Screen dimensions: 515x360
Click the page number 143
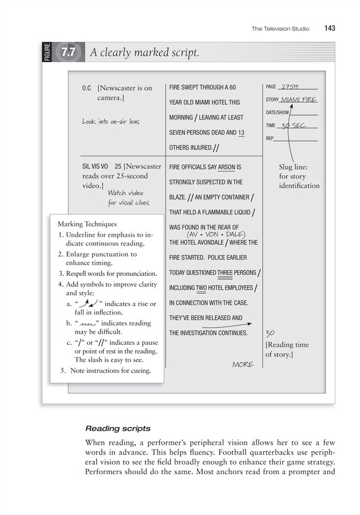(330, 28)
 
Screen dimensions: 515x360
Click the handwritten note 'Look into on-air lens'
(110, 121)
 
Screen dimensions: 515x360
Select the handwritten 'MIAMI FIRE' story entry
(298, 99)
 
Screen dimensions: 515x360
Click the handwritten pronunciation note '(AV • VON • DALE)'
(216, 235)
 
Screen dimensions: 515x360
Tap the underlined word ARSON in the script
(227, 167)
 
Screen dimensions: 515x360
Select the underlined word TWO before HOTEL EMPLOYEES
(201, 288)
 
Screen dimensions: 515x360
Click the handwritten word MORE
(243, 364)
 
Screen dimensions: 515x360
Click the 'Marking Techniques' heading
(87, 224)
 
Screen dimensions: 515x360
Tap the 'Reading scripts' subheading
(118, 428)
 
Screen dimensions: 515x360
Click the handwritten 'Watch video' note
(125, 193)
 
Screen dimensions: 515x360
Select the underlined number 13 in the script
(241, 133)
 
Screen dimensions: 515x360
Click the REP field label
(270, 139)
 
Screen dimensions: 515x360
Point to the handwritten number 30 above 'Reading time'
(270, 333)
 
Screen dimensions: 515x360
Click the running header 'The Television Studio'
(280, 29)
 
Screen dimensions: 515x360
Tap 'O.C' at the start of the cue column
(87, 89)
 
